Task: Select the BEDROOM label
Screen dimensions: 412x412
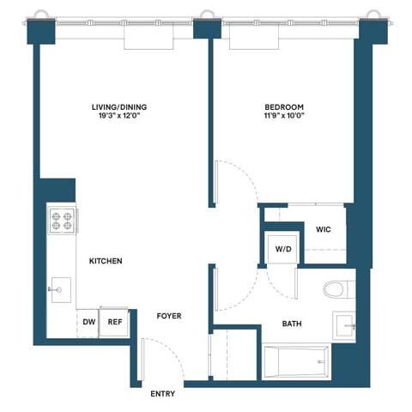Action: (x=283, y=107)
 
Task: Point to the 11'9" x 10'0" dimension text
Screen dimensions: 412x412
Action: (x=283, y=118)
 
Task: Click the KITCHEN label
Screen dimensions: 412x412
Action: (x=105, y=261)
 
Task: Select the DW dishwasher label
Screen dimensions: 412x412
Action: (x=88, y=323)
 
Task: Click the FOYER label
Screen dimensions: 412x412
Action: (x=168, y=316)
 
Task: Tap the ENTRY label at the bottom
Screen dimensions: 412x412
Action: (x=162, y=394)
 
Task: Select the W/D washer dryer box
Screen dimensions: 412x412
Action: (x=282, y=249)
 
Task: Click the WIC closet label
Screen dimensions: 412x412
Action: (x=324, y=230)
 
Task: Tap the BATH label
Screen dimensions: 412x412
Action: (x=291, y=324)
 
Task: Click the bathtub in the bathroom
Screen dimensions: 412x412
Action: (x=296, y=362)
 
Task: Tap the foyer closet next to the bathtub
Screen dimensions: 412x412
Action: (x=234, y=352)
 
